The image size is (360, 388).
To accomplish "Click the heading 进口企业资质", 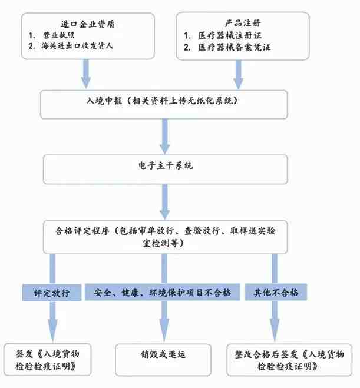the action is point(88,24).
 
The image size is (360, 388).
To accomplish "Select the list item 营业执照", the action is point(59,35).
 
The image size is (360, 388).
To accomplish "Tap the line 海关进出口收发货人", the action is point(77,46).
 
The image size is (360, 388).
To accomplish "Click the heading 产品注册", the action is point(243,24).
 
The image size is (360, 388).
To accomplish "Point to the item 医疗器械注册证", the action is point(230,35).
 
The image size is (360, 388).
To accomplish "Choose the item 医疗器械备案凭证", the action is point(235,47).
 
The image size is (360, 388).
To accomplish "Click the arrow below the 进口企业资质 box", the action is point(86,74).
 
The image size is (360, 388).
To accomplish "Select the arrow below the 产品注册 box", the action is point(239,75).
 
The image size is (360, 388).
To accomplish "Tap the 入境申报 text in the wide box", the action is point(104,101).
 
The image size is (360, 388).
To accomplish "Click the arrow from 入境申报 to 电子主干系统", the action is point(164,137).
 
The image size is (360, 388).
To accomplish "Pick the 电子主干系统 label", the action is point(166,165).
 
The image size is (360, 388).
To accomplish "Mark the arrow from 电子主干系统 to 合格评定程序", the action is point(164,202).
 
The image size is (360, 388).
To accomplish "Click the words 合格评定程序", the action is point(82,231).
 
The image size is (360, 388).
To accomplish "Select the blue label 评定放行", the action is point(52,293).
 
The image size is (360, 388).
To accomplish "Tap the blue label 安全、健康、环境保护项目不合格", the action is point(163,292).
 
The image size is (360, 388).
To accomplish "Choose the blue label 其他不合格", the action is point(276,292).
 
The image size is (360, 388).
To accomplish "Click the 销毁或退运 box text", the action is point(163,354).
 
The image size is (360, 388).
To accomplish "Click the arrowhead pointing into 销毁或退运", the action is point(164,330).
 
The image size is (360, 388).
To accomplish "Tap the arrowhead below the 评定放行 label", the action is point(52,331).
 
